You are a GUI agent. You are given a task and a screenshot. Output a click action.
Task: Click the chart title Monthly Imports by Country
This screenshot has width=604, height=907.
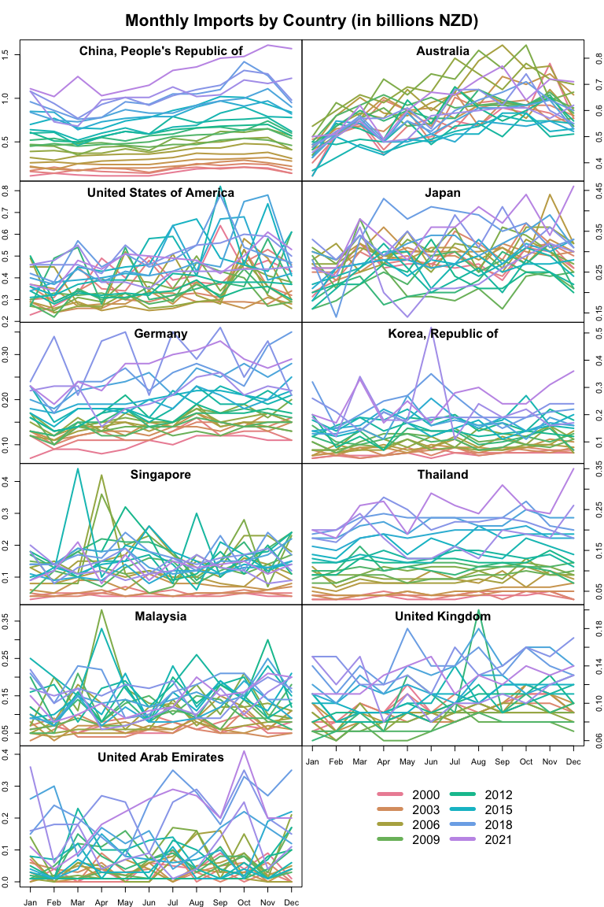[x=302, y=20]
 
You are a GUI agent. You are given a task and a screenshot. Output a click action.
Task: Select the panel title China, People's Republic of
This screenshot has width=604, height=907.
[x=161, y=51]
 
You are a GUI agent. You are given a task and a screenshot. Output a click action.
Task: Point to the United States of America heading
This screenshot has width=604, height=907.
[x=160, y=193]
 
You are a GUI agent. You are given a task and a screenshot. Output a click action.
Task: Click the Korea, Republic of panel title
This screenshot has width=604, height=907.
[x=444, y=334]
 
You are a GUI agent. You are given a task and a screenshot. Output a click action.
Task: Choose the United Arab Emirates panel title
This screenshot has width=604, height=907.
[x=160, y=757]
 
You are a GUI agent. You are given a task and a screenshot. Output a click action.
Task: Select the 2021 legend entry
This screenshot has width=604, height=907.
[x=496, y=840]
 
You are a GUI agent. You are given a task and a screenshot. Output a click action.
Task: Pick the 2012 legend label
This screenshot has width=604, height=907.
[x=496, y=795]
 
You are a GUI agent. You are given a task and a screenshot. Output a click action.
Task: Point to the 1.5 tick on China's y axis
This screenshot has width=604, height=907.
[x=7, y=54]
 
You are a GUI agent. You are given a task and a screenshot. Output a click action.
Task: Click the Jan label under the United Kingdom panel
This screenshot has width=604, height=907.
[x=312, y=762]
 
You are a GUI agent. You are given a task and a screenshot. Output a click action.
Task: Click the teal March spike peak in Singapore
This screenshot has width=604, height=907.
[x=78, y=468]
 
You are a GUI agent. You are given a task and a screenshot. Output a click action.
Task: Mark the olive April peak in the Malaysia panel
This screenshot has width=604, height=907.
[x=101, y=609]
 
